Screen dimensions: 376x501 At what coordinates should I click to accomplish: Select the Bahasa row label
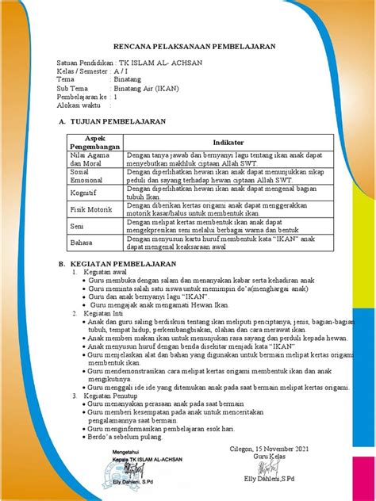(81, 243)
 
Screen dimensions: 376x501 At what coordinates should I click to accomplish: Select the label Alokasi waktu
(81, 105)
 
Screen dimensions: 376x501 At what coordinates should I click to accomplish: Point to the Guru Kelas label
(267, 457)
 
